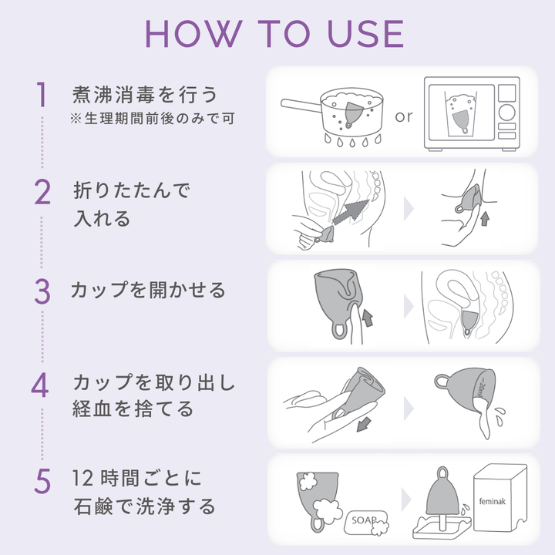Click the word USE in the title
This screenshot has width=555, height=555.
366,34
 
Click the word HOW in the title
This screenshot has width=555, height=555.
194,34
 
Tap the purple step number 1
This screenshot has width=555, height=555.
42,94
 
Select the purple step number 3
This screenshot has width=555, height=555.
42,291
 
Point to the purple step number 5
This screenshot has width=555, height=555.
42,481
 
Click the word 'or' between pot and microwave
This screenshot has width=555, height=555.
404,116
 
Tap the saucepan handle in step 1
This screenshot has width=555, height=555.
301,106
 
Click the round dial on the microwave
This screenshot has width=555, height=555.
507,113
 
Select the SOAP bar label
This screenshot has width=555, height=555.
364,520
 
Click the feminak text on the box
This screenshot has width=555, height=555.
493,501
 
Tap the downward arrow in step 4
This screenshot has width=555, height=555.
364,424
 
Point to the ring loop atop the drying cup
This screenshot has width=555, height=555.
442,473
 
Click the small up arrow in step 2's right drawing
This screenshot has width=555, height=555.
485,218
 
